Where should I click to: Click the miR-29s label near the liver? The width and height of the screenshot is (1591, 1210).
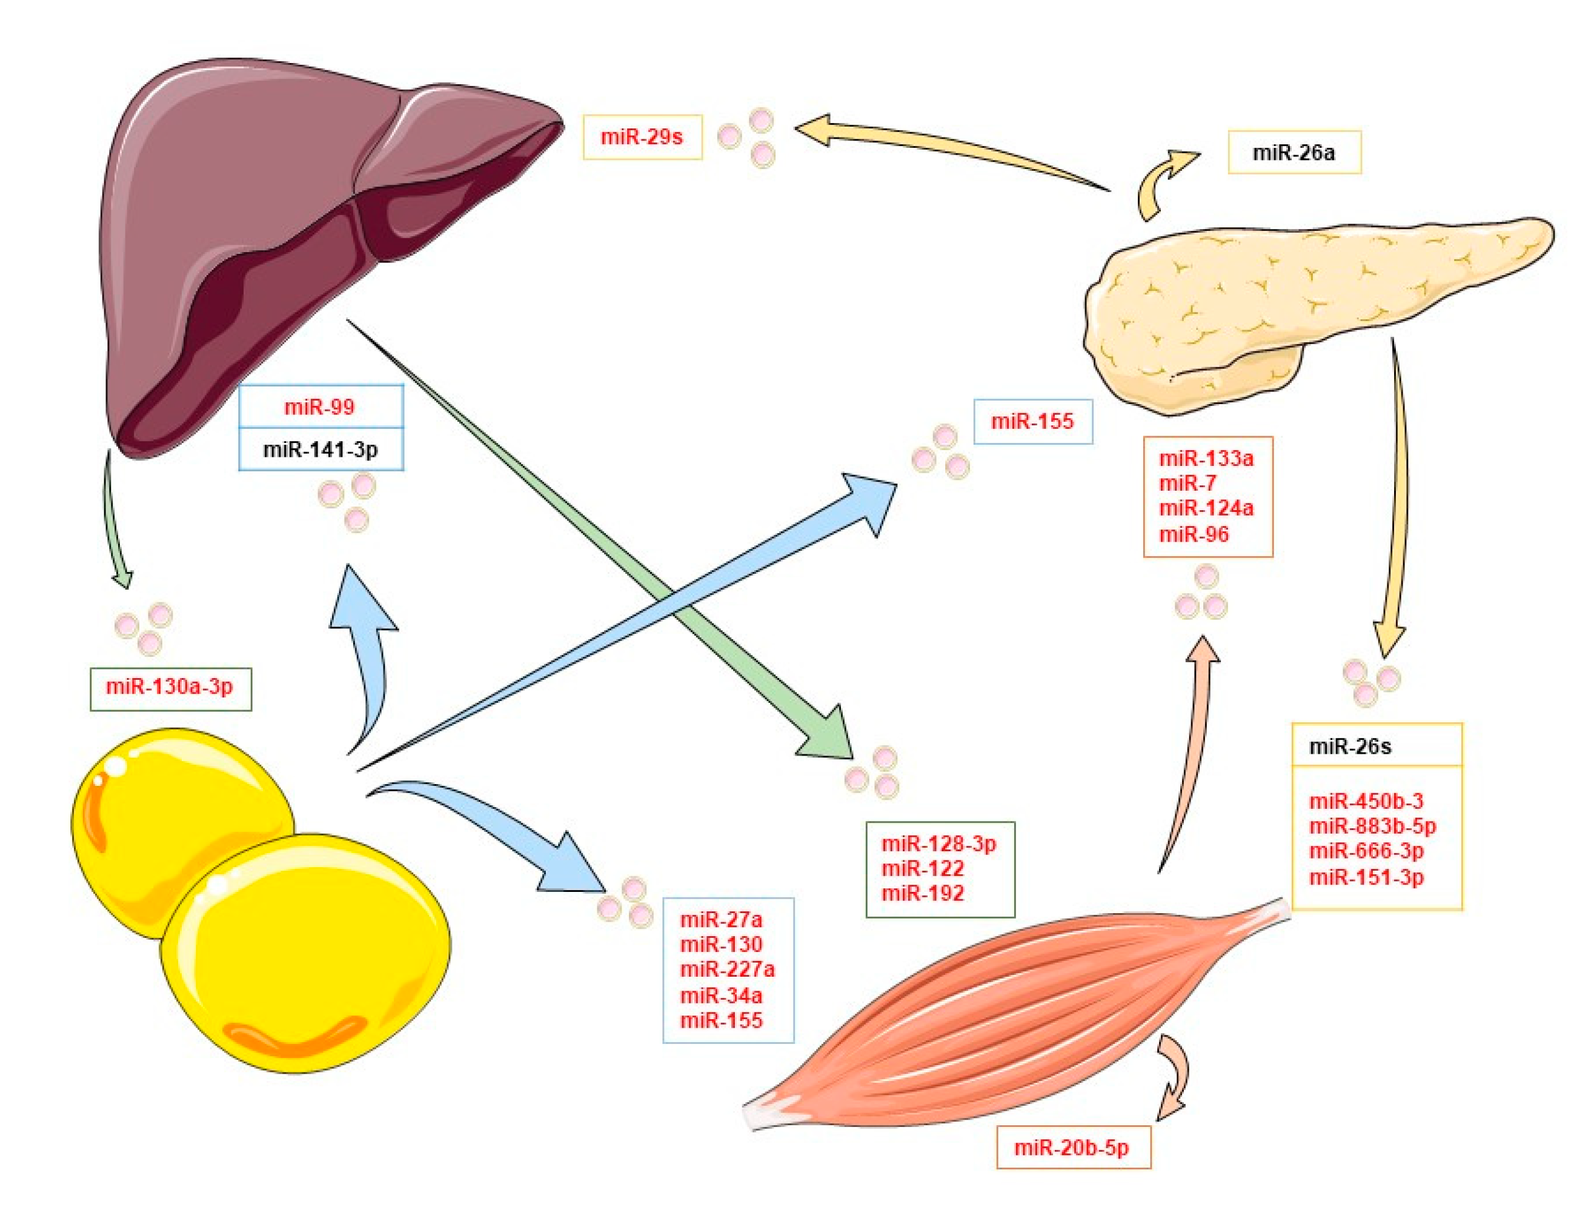click(x=641, y=136)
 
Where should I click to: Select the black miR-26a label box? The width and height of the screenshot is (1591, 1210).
click(x=1294, y=152)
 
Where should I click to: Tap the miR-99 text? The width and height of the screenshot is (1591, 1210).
click(x=320, y=407)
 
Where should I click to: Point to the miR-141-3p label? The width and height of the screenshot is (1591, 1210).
click(x=320, y=450)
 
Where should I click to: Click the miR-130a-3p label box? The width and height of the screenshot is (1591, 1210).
click(x=170, y=687)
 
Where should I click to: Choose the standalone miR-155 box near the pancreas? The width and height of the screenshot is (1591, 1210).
click(x=1032, y=421)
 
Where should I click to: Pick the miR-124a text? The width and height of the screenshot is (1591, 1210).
click(x=1206, y=508)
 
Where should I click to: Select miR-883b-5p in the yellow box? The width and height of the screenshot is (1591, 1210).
click(x=1372, y=826)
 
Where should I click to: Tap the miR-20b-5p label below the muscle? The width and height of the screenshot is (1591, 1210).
click(x=1072, y=1148)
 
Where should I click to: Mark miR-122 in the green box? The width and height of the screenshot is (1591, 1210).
click(x=923, y=869)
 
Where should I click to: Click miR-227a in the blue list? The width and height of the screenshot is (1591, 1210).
click(x=728, y=969)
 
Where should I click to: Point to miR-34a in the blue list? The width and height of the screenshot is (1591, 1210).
click(x=721, y=996)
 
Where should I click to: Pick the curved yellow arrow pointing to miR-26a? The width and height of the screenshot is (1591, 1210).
click(x=1160, y=180)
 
